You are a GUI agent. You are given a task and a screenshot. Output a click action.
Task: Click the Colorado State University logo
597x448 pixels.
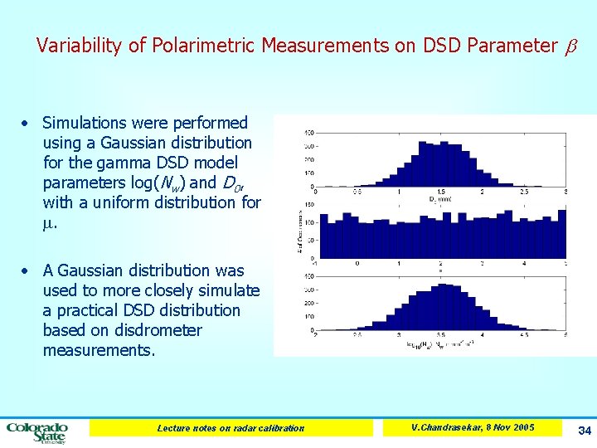coord(37,431)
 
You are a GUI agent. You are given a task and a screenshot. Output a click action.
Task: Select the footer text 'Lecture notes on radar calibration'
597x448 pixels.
coord(231,428)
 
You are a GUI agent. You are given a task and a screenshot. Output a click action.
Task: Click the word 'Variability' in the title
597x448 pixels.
coord(80,46)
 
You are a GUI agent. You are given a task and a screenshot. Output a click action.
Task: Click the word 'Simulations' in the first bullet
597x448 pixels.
coord(86,123)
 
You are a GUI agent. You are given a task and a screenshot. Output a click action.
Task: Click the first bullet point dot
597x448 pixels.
coord(27,124)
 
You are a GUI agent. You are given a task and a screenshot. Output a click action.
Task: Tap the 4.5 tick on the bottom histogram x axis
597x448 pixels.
coord(524,336)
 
